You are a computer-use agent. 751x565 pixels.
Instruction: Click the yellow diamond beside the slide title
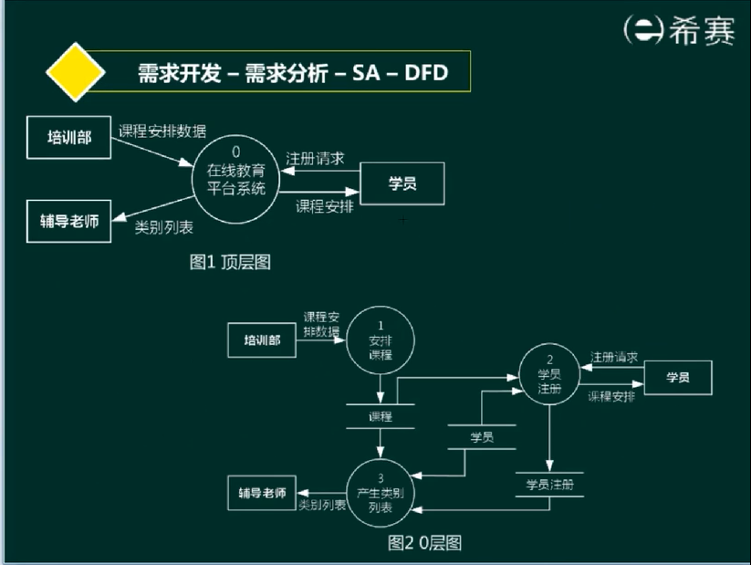tap(77, 72)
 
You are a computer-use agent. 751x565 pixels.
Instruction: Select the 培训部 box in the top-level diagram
tap(68, 137)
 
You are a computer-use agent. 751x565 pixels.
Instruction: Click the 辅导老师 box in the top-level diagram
tap(68, 220)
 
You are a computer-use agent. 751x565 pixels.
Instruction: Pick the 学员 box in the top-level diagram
tap(402, 184)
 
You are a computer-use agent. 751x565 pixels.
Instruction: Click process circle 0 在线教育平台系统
tap(236, 180)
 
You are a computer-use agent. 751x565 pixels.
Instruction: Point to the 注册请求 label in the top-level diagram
tap(315, 158)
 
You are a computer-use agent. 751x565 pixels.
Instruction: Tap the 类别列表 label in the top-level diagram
tap(163, 228)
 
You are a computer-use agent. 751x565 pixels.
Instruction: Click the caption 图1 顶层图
tap(230, 262)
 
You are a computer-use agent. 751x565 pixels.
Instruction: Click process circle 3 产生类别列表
tap(381, 494)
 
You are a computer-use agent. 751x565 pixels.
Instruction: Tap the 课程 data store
tap(381, 416)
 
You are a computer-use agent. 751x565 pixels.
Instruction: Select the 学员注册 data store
tap(549, 485)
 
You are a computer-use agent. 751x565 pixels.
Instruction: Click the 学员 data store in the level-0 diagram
tap(482, 437)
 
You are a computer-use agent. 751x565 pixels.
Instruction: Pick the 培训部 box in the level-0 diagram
tap(262, 340)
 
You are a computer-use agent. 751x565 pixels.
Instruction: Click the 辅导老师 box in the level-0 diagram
tap(262, 494)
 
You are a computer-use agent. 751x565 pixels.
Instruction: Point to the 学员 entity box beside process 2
tap(677, 378)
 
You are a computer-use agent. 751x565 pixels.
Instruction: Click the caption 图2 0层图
tap(424, 543)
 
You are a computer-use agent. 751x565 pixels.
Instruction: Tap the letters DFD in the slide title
tap(424, 73)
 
